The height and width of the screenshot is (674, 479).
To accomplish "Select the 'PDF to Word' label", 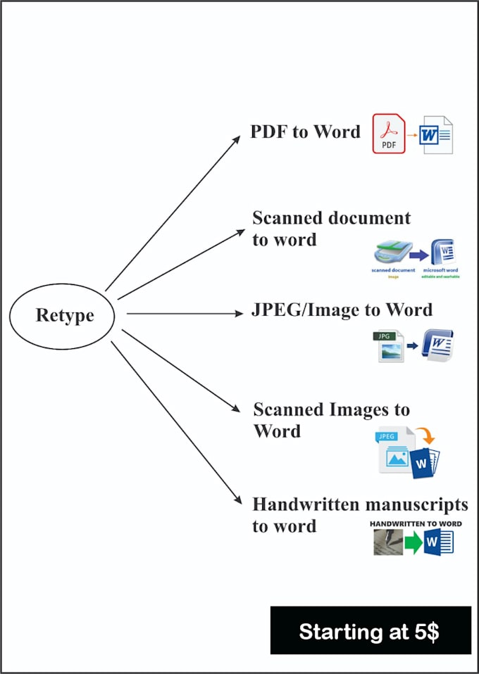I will point(305,132).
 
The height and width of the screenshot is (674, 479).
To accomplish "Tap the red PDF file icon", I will point(388,133).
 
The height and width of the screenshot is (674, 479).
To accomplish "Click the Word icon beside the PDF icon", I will point(436,135).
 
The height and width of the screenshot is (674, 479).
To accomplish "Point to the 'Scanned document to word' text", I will point(330,228).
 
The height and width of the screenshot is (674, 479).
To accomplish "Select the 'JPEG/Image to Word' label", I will point(342,310).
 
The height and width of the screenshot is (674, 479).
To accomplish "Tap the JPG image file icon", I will point(389,346).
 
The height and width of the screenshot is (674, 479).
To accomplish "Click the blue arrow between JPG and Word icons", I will point(413,346).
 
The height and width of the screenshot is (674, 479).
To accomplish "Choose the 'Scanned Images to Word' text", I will point(330,419).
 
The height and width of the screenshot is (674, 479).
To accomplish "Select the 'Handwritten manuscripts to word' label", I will point(359,514).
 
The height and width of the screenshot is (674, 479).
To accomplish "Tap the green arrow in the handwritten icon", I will point(414,543).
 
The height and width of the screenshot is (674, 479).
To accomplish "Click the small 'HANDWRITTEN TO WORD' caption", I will point(416,524).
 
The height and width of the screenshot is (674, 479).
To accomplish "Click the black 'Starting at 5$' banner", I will point(371,630).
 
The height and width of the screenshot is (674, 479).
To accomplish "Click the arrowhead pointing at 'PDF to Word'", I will point(236,139).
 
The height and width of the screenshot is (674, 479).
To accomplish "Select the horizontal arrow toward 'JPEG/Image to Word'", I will point(183,314).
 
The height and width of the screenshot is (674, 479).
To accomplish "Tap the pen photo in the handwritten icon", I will point(388,542).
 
